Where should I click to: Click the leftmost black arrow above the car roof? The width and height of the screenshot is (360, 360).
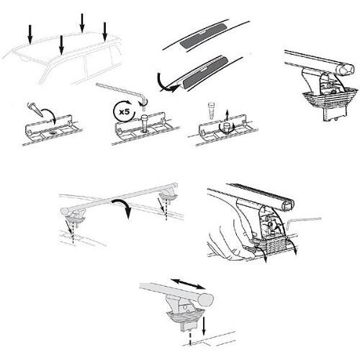pyautogui.click(x=30, y=32)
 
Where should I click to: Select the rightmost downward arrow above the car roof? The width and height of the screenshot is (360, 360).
pyautogui.click(x=105, y=30)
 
